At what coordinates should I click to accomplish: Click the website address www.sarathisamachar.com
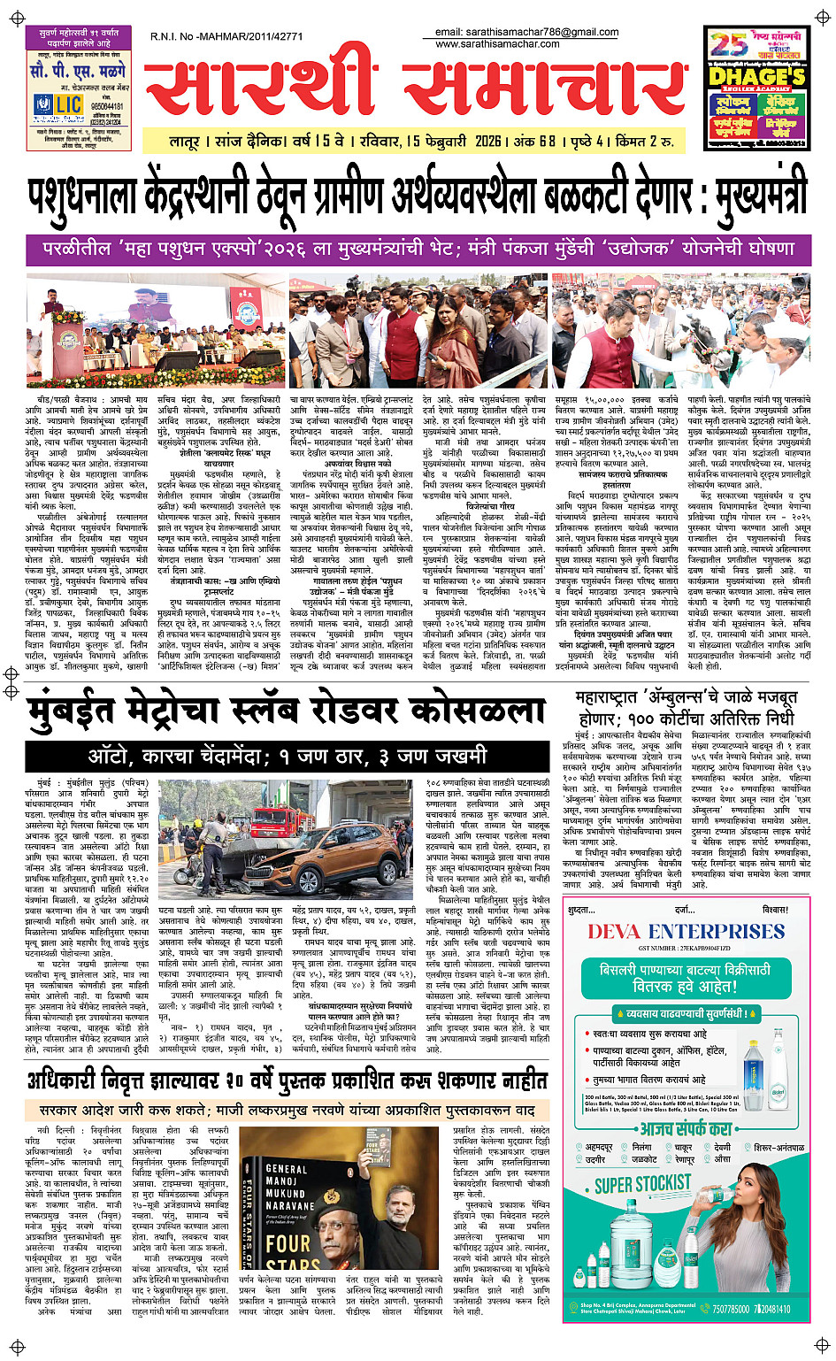pyautogui.click(x=497, y=44)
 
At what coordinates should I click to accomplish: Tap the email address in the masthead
pyautogui.click(x=526, y=32)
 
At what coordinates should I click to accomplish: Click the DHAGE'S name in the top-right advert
pyautogui.click(x=756, y=77)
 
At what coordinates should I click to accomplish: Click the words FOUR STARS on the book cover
pyautogui.click(x=300, y=1256)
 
